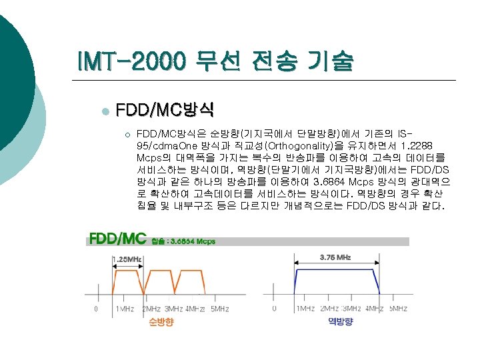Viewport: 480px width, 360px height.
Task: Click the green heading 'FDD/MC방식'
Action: point(165,109)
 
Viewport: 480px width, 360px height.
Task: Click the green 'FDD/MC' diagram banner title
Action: point(117,239)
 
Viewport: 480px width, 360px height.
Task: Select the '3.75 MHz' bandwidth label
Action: point(336,257)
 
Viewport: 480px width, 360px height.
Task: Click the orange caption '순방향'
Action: point(161,323)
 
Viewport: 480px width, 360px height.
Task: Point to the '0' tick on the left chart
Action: point(97,309)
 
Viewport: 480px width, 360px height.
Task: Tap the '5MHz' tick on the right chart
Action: point(398,309)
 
